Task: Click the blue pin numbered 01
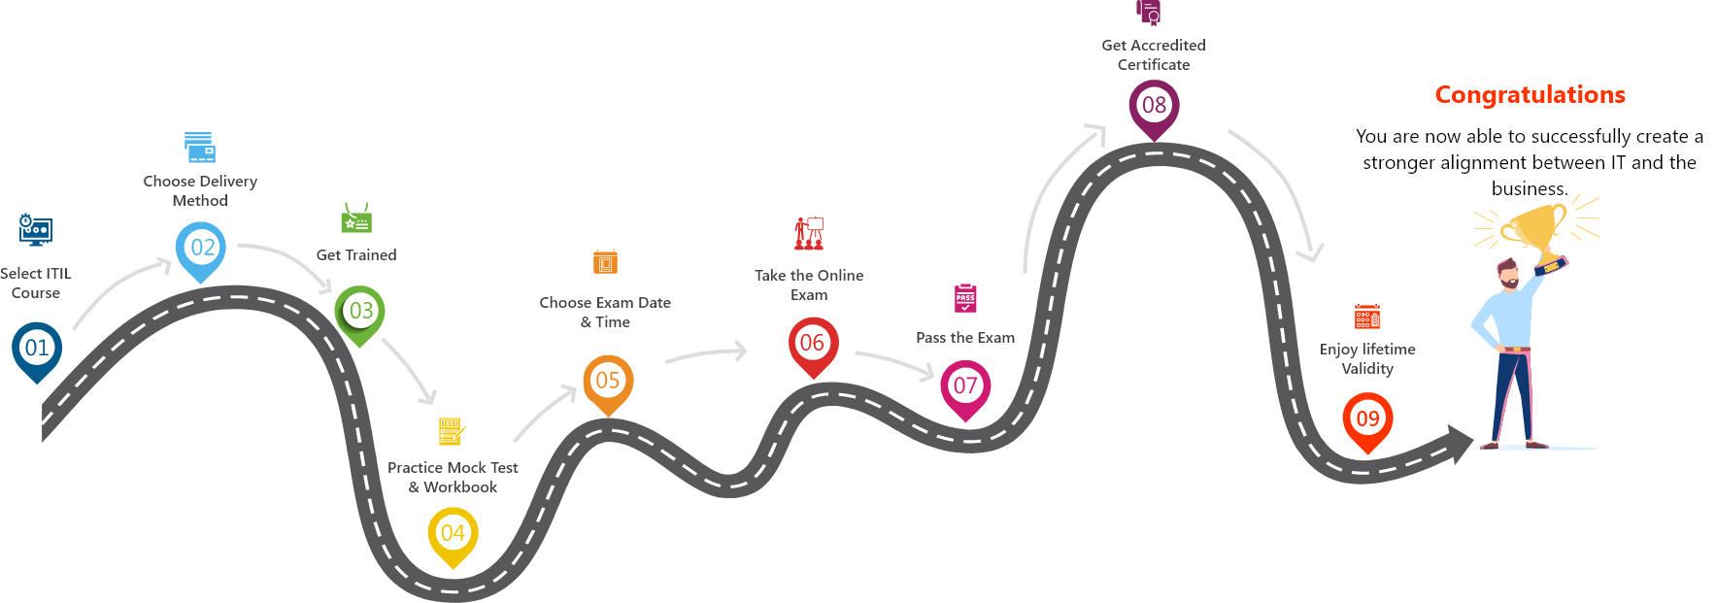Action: pos(37,348)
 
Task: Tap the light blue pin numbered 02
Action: pos(201,248)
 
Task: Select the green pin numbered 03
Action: pos(360,311)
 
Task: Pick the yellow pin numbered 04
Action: pos(453,533)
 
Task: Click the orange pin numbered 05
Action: pos(608,381)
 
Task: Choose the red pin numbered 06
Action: pos(813,343)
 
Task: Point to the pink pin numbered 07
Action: pos(965,385)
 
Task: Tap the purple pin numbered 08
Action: pos(1154,105)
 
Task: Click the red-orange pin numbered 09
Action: pos(1367,419)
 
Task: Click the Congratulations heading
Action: pos(1530,95)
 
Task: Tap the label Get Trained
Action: pos(356,255)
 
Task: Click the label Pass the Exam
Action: pos(965,338)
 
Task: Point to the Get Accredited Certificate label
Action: pos(1154,54)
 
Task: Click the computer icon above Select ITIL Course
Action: pos(36,230)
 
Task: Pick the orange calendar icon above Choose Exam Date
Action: pos(605,261)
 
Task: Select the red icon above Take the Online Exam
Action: pos(809,233)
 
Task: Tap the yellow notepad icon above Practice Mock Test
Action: pos(452,430)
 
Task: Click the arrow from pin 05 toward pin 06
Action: pos(707,354)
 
